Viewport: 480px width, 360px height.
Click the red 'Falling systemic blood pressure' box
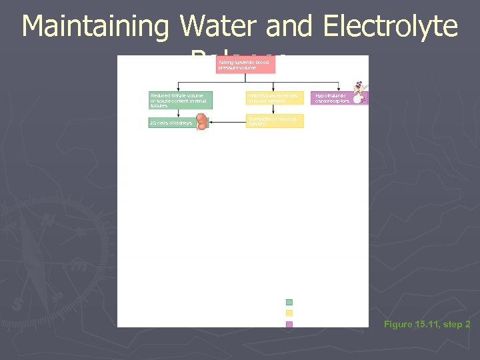coord(245,65)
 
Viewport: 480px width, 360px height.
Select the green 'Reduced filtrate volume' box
coord(180,100)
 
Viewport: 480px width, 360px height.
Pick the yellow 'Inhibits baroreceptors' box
coord(275,98)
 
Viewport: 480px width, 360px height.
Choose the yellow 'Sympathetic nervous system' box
coord(275,121)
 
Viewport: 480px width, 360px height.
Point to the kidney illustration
coord(201,121)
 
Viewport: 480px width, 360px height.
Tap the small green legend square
coord(289,302)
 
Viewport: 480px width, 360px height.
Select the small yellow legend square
coord(289,313)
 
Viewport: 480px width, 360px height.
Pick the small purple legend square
coord(289,325)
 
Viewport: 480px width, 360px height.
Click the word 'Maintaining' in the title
coord(96,27)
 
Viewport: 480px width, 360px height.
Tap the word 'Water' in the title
coord(218,27)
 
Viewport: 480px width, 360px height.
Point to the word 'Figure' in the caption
coord(398,325)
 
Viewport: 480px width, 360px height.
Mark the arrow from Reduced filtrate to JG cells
coord(178,113)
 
